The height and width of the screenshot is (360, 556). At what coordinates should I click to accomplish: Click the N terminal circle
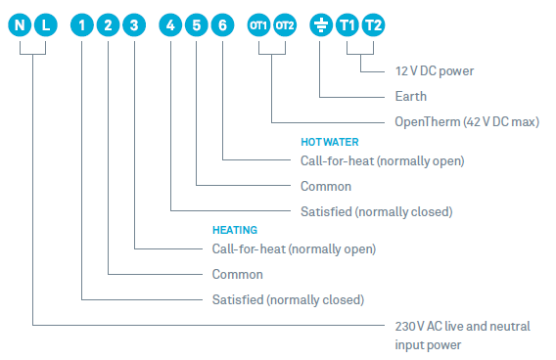pyautogui.click(x=20, y=25)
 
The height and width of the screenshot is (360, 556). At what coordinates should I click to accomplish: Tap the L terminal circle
pyautogui.click(x=46, y=25)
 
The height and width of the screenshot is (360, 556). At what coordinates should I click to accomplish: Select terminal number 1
pyautogui.click(x=82, y=25)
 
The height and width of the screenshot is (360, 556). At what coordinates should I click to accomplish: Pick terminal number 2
pyautogui.click(x=108, y=25)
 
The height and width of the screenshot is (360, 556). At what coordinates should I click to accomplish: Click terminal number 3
pyautogui.click(x=134, y=25)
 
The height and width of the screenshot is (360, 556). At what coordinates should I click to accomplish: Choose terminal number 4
pyautogui.click(x=170, y=25)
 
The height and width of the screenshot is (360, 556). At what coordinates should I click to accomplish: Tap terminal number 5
pyautogui.click(x=197, y=25)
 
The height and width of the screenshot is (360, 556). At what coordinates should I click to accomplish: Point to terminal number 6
pyautogui.click(x=222, y=25)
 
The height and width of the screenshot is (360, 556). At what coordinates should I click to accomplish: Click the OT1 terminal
pyautogui.click(x=258, y=25)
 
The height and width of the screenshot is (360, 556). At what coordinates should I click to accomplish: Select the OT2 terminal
pyautogui.click(x=285, y=25)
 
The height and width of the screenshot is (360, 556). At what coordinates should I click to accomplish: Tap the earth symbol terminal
pyautogui.click(x=321, y=25)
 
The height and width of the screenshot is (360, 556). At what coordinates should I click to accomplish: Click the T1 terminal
pyautogui.click(x=347, y=25)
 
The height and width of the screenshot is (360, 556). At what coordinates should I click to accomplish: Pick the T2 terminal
pyautogui.click(x=373, y=25)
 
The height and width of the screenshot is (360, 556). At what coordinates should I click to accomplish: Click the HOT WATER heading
pyautogui.click(x=330, y=142)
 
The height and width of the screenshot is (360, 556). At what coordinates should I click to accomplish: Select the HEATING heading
pyautogui.click(x=235, y=230)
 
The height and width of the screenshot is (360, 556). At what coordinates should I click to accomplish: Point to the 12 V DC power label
pyautogui.click(x=435, y=71)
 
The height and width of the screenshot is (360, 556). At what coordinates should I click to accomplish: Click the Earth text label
pyautogui.click(x=411, y=97)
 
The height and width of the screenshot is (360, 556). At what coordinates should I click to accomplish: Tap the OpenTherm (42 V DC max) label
pyautogui.click(x=467, y=122)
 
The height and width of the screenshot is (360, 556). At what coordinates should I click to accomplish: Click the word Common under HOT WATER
pyautogui.click(x=326, y=187)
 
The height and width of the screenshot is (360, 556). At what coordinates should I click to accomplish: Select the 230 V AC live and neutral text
pyautogui.click(x=463, y=326)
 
